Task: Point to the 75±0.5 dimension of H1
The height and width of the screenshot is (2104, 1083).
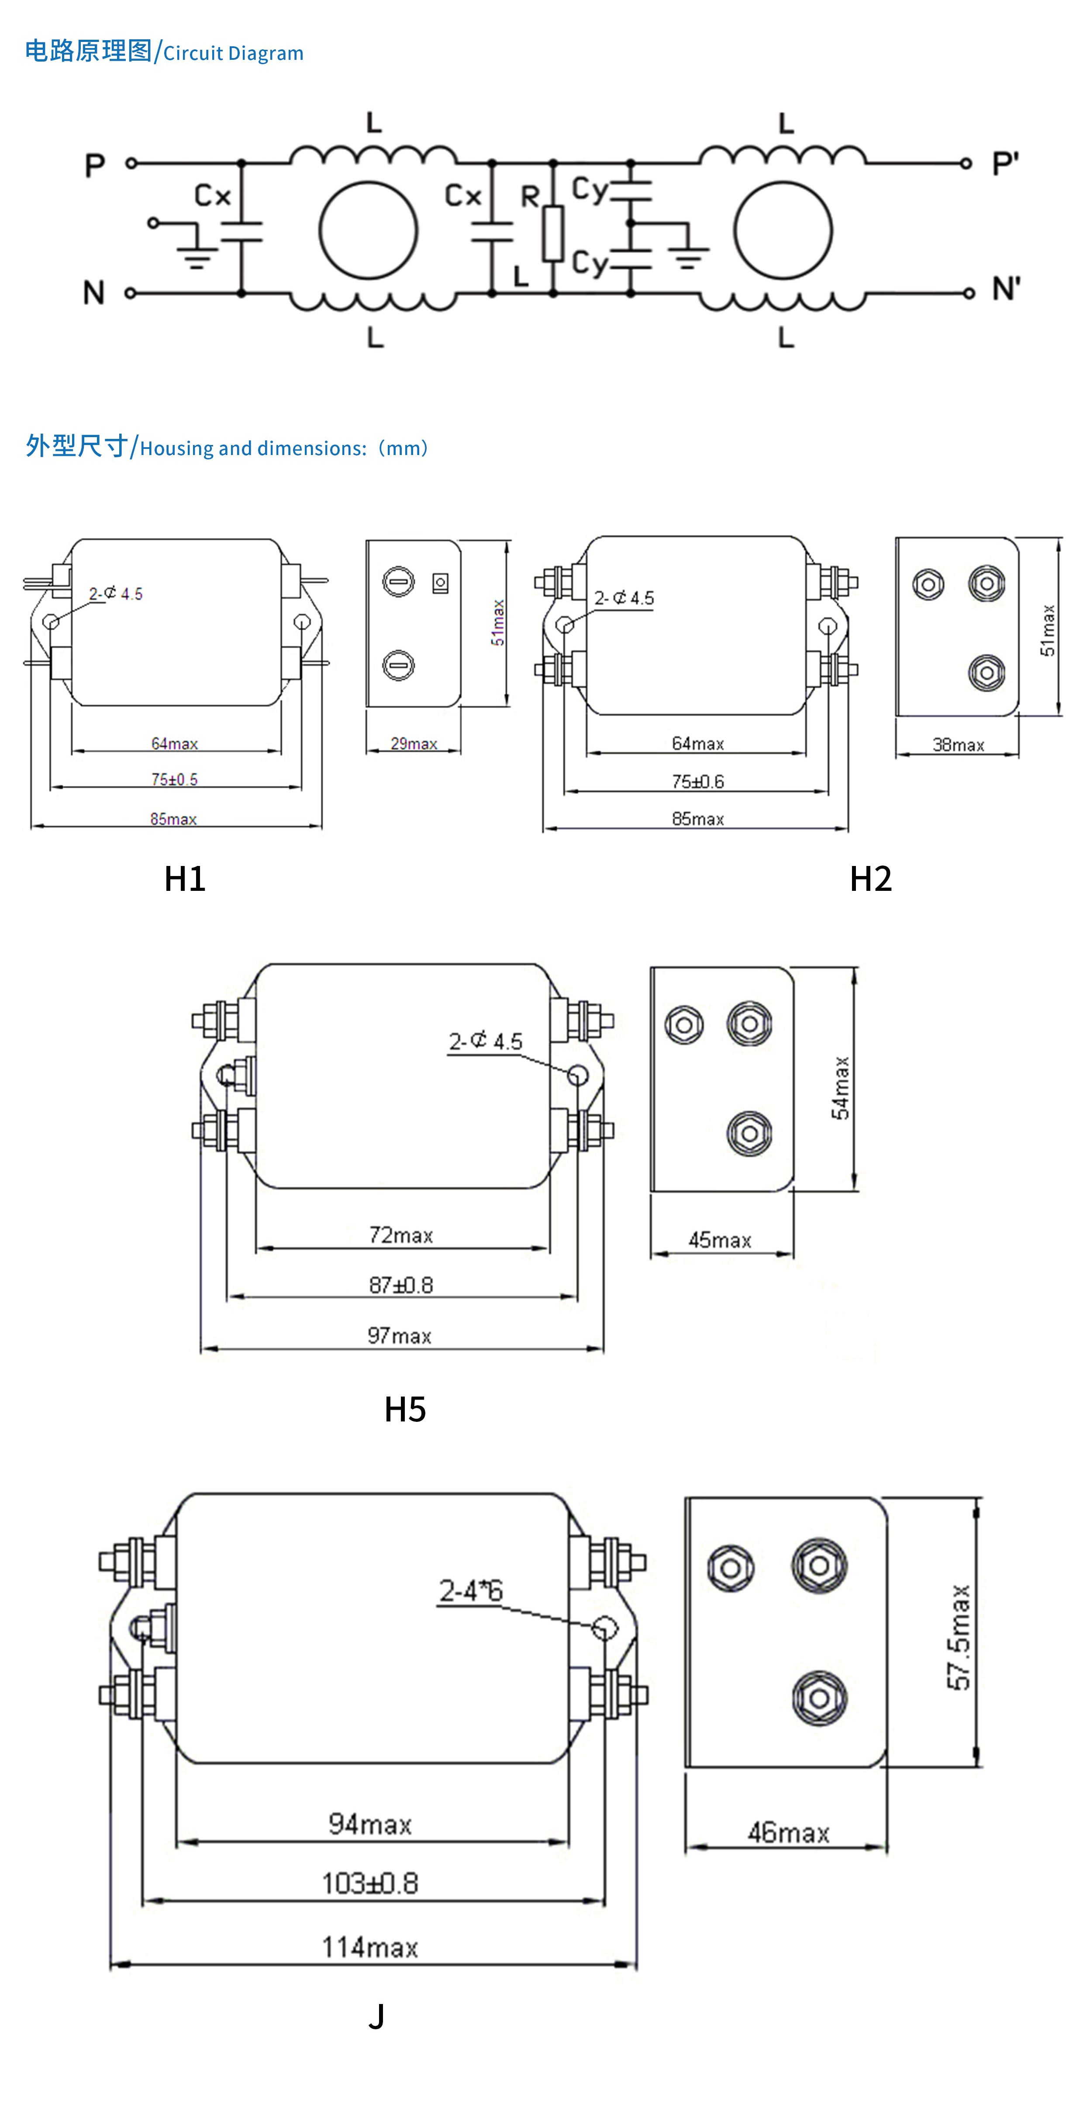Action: (x=174, y=779)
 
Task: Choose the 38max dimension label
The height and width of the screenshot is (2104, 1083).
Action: (x=958, y=745)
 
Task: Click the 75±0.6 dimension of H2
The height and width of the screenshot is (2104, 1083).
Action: (x=697, y=782)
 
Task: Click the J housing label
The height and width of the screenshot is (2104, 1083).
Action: (x=376, y=2017)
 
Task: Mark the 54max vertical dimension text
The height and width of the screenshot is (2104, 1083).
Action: (x=841, y=1088)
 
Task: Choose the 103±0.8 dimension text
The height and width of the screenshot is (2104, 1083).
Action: (x=370, y=1883)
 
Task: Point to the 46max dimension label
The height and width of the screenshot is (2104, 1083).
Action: (x=788, y=1833)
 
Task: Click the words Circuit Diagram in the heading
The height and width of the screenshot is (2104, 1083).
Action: (x=234, y=54)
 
